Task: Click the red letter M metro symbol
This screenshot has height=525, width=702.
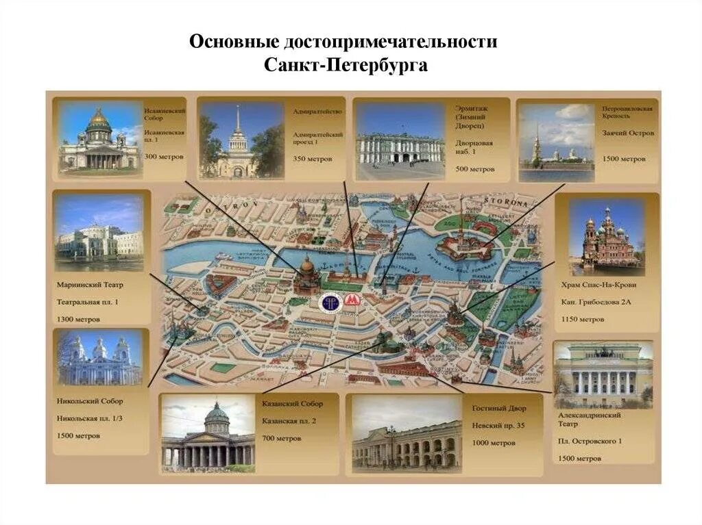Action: [x=352, y=302]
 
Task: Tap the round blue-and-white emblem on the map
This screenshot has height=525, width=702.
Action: [x=330, y=302]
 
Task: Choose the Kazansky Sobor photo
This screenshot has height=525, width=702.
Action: [x=208, y=434]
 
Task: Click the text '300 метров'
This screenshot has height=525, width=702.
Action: [x=163, y=157]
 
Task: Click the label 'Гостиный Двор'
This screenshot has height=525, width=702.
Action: [x=499, y=408]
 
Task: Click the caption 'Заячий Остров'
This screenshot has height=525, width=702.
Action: [x=628, y=133]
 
